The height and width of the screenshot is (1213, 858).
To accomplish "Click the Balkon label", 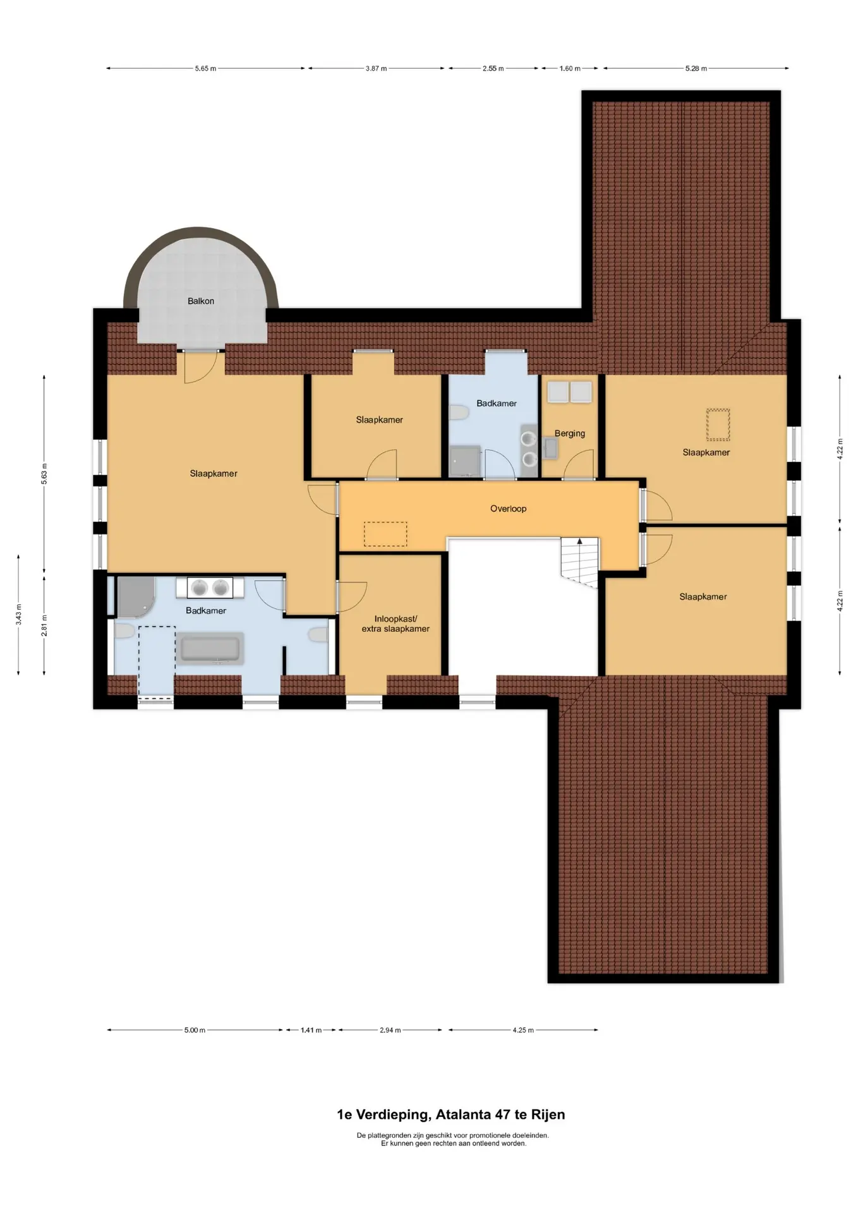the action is pos(201,301).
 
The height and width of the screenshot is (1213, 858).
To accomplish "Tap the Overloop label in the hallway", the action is pos(508,509).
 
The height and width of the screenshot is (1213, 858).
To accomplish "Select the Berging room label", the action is pos(570,433).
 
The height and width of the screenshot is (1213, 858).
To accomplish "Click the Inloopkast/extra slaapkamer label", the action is pos(396,624).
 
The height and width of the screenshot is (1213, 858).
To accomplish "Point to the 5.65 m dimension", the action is pos(205,68).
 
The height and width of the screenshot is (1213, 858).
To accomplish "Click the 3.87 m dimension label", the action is pos(376,68).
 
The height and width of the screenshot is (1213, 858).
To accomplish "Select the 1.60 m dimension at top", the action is pos(570,68).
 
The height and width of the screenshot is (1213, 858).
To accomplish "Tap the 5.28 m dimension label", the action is pos(696,68).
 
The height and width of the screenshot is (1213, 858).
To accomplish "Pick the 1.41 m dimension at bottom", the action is pos(311,1030).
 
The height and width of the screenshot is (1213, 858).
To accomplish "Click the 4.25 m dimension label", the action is pos(523,1030).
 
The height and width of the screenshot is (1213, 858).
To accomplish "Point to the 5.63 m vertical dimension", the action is pos(44,474).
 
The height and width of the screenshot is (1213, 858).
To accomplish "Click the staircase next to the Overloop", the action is pos(579,563).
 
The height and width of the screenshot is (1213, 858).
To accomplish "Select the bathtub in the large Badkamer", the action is pos(211,648).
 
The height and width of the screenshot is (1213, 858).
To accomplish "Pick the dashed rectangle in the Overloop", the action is pos(385,534).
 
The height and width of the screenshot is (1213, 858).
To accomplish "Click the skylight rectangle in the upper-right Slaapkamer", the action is pos(718,425).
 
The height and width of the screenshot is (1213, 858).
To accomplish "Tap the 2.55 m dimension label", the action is pos(493,68).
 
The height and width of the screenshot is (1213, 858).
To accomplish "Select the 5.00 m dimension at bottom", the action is pos(195,1030).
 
